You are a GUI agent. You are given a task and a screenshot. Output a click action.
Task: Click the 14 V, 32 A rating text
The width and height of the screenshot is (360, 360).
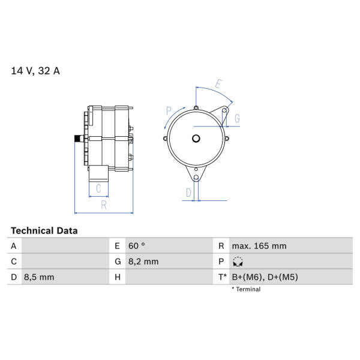tap(35, 71)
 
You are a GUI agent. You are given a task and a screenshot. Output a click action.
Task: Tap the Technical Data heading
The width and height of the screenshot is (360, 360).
tap(44, 231)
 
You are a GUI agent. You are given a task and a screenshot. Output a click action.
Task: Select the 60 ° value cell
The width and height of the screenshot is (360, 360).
tap(137, 246)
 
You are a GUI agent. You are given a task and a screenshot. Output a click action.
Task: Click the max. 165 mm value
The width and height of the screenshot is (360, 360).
tap(259, 246)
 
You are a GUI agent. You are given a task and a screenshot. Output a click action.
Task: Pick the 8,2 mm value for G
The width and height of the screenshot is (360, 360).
tap(143, 262)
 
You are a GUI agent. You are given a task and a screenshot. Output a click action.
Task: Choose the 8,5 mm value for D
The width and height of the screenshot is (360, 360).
tap(39, 277)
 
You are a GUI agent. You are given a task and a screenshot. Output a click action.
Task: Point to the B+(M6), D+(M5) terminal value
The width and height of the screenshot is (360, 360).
tap(265, 277)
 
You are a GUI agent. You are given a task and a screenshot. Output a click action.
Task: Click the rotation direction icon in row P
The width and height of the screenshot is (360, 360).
tap(238, 262)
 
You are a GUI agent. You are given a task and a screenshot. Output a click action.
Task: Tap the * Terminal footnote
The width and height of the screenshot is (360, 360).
tap(246, 289)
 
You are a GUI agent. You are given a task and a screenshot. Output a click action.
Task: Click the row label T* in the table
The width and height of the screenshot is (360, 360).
tap(222, 277)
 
